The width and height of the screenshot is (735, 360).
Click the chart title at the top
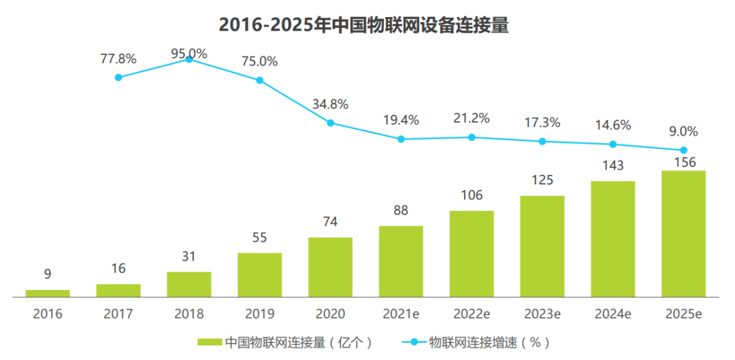(364, 25)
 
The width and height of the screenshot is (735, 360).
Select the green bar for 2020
(330, 267)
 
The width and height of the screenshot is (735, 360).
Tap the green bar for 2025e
(683, 234)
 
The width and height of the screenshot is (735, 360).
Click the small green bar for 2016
(48, 293)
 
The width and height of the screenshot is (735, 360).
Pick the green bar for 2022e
(472, 254)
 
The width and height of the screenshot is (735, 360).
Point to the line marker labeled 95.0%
(189, 60)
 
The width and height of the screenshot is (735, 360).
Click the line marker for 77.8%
(118, 78)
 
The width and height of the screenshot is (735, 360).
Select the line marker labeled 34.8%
(331, 123)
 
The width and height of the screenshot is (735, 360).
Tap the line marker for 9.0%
(684, 150)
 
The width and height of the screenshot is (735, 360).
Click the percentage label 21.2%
(472, 118)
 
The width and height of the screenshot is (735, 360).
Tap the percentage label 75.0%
(259, 61)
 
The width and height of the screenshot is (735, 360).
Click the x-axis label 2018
(189, 314)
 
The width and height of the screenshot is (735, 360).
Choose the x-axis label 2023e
(542, 314)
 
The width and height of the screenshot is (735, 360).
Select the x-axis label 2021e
(401, 314)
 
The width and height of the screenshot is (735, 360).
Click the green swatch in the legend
(210, 342)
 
